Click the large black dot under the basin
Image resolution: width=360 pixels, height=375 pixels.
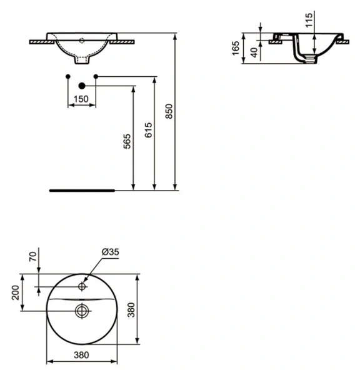pos(81,85)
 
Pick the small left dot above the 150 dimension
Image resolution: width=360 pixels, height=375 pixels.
pos(67,76)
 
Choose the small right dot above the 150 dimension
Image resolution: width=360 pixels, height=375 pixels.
pos(96,76)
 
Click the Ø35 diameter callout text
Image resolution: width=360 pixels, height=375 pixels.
pos(110,252)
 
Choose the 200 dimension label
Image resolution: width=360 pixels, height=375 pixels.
pos(16,292)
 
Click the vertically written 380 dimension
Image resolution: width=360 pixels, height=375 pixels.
pos(149,309)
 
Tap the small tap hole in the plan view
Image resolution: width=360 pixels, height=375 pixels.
pos(81,287)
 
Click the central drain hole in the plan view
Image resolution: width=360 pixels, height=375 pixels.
pos(81,309)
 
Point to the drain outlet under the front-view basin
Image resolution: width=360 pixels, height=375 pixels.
pos(81,61)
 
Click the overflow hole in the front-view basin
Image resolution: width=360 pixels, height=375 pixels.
pos(81,41)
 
